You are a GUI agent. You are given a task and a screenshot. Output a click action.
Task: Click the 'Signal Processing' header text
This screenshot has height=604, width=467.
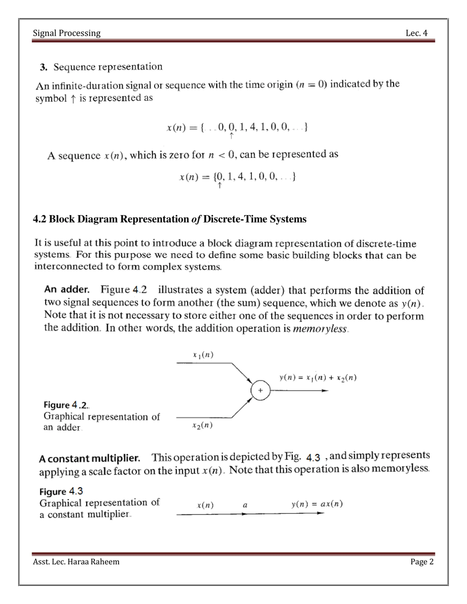pos(67,33)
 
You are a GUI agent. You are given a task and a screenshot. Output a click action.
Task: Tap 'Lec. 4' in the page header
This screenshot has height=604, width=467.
pos(416,33)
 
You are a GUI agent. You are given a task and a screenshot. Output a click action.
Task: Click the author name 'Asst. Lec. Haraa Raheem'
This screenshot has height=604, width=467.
pos(76,562)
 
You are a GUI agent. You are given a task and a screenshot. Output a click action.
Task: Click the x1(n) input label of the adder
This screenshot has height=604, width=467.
pos(203,355)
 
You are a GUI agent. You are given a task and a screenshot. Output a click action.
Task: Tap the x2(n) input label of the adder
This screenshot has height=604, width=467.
pos(202,425)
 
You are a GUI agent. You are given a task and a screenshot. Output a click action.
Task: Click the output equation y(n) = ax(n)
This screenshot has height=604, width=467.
pos(317,504)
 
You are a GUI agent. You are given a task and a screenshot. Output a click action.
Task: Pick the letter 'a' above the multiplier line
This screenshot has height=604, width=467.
pos(245,505)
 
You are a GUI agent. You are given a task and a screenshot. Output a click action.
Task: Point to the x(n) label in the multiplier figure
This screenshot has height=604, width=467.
pos(205,505)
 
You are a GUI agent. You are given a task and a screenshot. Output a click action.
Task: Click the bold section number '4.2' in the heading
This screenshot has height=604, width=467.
pos(40,219)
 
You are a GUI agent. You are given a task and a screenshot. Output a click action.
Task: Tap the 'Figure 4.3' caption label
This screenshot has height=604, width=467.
pos(61,492)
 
